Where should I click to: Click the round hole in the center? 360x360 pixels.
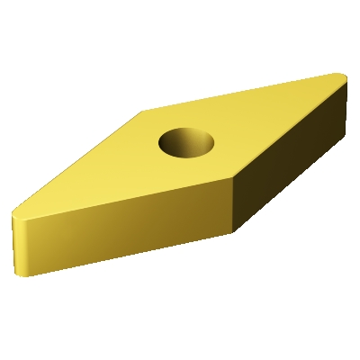[187, 142]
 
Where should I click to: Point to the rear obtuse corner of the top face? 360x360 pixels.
[145, 112]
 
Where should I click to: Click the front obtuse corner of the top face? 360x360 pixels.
[233, 179]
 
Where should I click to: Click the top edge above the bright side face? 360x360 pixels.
[126, 197]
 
